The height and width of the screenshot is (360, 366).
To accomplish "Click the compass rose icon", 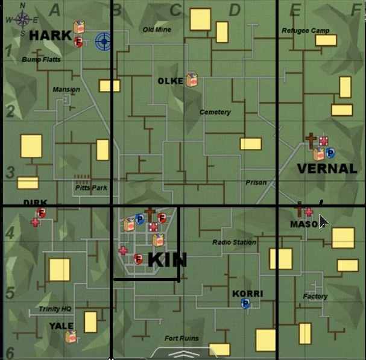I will (23, 18).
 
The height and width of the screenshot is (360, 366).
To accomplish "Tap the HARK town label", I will (50, 36).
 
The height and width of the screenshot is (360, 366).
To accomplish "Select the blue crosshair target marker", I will (104, 41).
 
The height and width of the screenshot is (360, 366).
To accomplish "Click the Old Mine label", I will (157, 30).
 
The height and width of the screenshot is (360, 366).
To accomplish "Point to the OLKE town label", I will (170, 81).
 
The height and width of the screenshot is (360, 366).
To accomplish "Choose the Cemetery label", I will (215, 112).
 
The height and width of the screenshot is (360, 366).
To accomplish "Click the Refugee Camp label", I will (305, 31).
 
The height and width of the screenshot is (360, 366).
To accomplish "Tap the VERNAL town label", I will (327, 169).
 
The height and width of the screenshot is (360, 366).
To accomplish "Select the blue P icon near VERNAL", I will (330, 154).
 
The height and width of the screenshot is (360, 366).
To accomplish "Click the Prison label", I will (256, 183).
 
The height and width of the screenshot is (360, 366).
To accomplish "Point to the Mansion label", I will (66, 90).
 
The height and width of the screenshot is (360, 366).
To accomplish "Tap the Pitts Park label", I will (91, 188).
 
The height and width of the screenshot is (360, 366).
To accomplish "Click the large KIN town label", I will (167, 261).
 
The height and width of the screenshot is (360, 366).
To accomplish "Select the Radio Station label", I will (234, 242).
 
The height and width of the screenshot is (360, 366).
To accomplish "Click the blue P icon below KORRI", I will (245, 305).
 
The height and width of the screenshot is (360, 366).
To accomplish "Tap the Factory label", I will (315, 296).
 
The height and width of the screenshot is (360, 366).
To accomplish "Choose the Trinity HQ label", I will (55, 309).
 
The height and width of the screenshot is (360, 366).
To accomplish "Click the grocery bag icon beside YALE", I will (71, 336).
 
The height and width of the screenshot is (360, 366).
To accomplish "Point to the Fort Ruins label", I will (181, 338).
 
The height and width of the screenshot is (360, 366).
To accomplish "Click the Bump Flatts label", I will (41, 60).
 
